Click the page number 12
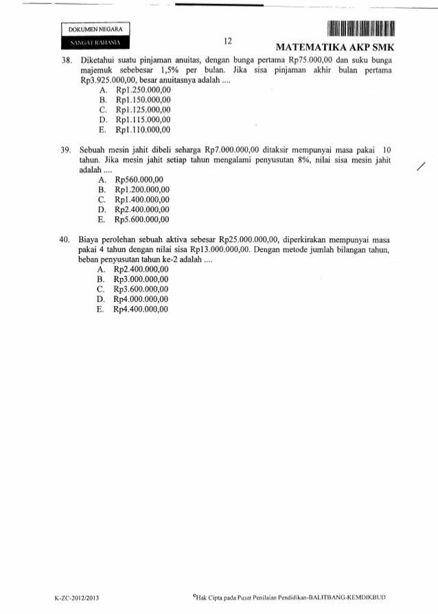click(229, 41)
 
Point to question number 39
click(66, 149)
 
